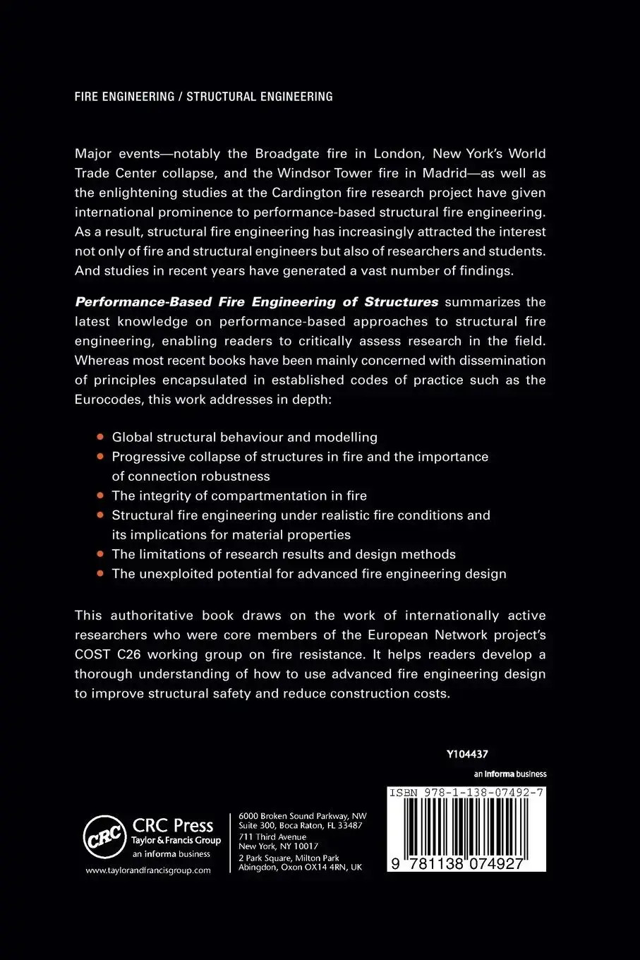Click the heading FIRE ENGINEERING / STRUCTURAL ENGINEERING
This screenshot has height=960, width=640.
(x=203, y=97)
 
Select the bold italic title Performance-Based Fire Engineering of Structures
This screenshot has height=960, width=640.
(x=257, y=302)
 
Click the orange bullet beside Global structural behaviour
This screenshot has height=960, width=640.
(x=100, y=437)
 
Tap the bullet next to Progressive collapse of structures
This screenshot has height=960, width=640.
(x=100, y=457)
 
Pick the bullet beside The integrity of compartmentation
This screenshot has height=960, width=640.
(x=100, y=496)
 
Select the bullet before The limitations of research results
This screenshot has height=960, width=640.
(x=100, y=554)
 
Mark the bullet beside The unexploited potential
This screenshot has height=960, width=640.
(x=100, y=573)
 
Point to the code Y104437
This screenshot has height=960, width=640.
(x=467, y=755)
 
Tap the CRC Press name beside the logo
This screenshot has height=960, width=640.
(x=173, y=825)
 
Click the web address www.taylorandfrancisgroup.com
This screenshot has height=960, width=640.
(x=148, y=870)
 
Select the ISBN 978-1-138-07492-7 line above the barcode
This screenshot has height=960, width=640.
(x=466, y=793)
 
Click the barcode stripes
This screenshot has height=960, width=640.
(x=466, y=826)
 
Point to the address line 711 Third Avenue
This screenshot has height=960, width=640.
(x=273, y=836)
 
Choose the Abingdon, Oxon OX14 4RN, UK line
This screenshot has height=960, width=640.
(x=301, y=868)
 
